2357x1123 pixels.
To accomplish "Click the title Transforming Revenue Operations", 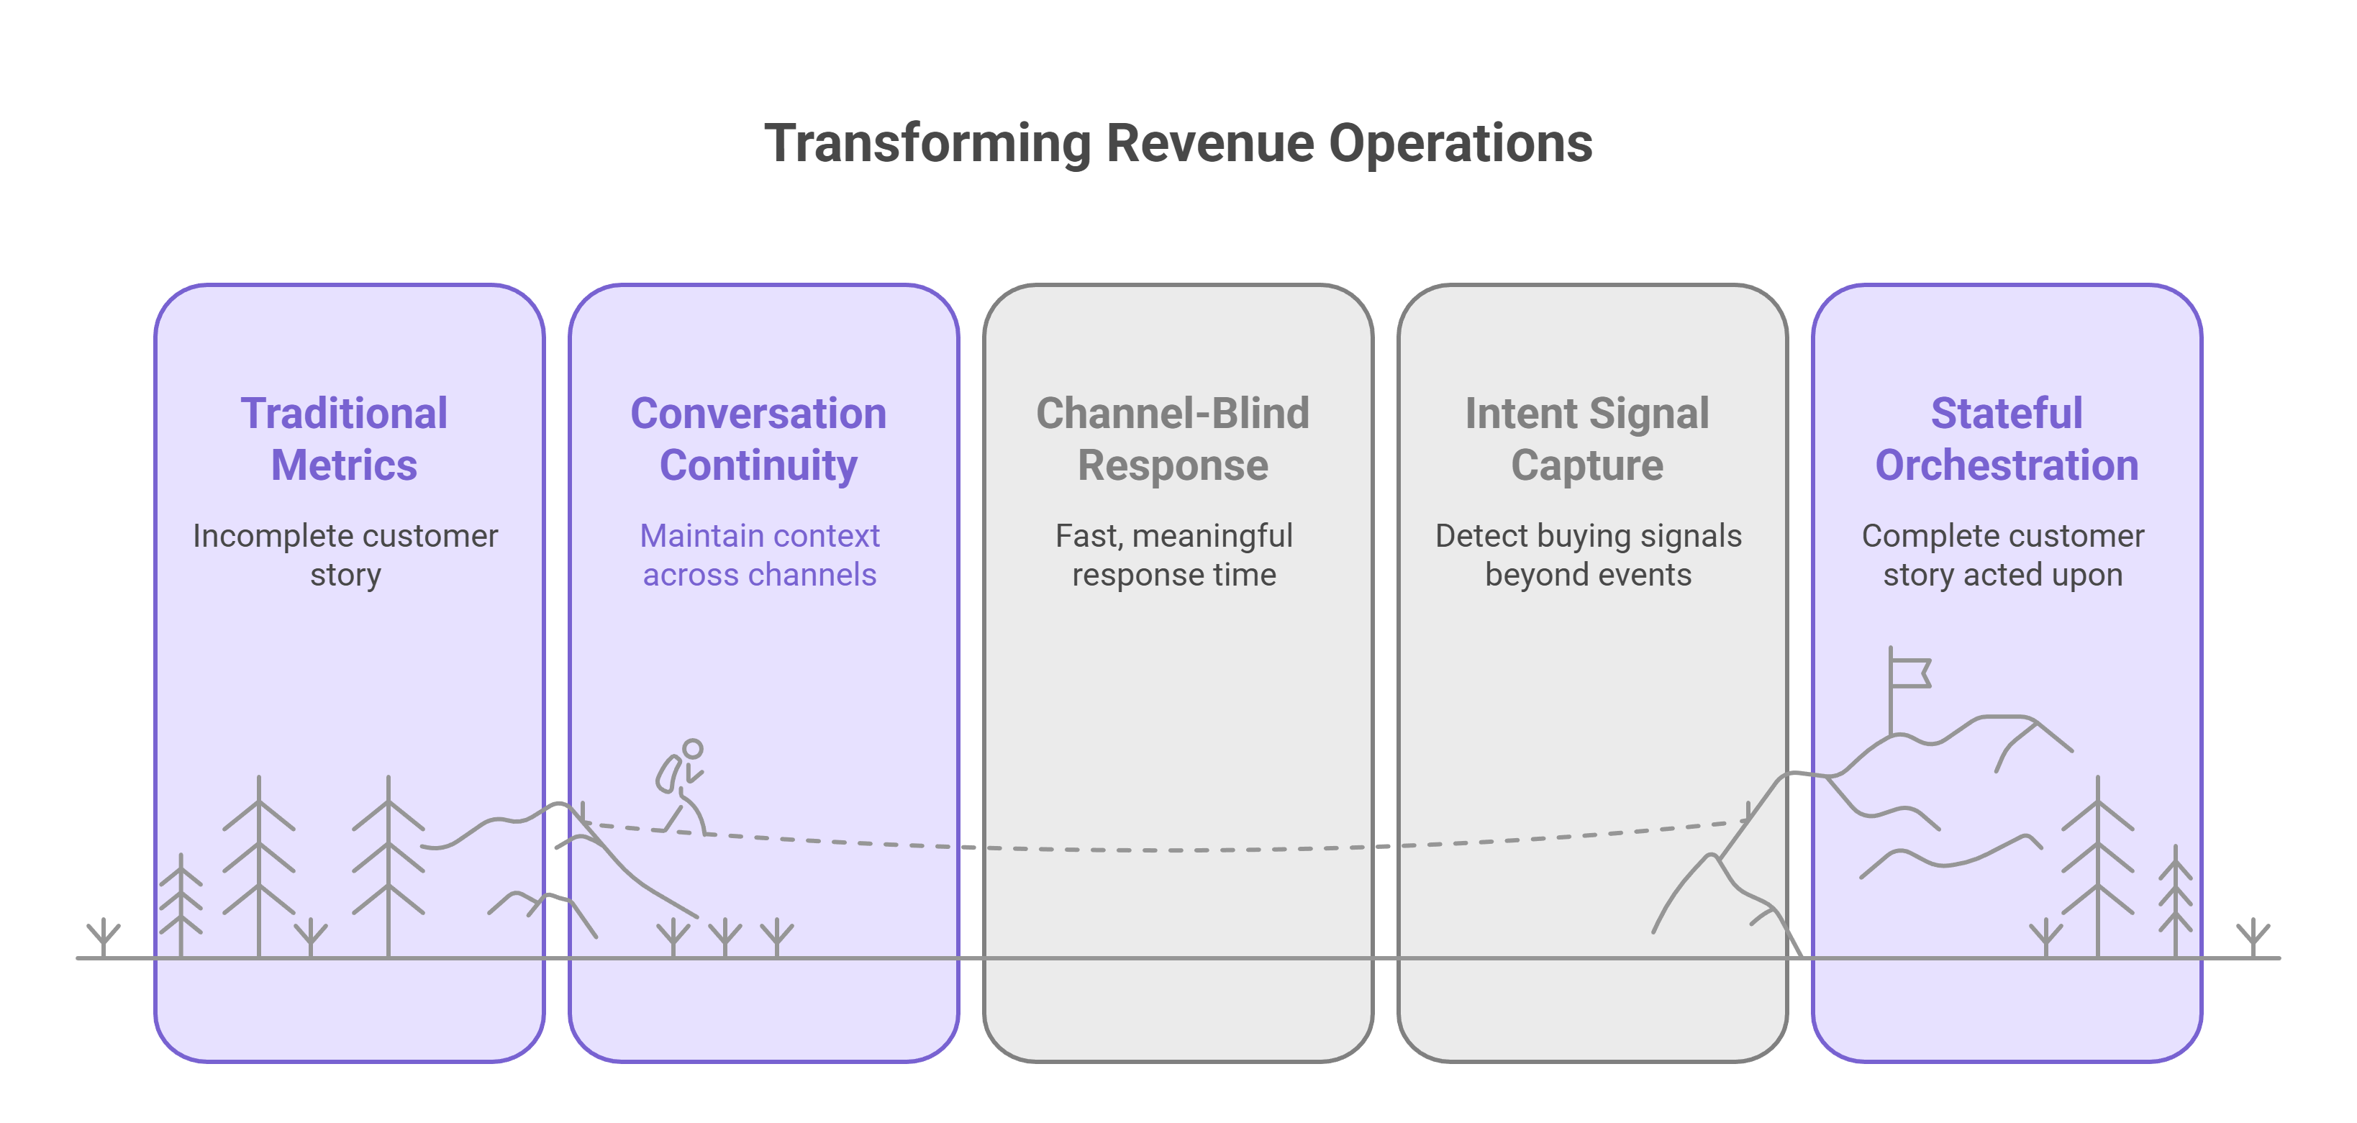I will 1178,144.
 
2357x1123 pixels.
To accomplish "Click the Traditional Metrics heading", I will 344,440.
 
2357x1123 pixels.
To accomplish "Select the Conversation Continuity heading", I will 758,440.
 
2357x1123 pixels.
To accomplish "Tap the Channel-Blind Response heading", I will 1173,440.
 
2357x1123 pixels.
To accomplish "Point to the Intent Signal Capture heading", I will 1587,440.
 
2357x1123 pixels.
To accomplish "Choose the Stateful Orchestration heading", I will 2007,440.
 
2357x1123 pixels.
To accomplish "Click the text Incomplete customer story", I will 345,555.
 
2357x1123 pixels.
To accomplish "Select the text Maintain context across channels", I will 760,555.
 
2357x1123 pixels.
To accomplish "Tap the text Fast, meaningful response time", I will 1174,555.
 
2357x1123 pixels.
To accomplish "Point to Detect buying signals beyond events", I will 1589,555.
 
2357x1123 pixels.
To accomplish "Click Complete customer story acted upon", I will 2003,555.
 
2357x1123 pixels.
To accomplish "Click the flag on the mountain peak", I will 1909,673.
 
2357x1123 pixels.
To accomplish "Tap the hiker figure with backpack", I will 681,787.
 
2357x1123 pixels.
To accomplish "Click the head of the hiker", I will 694,749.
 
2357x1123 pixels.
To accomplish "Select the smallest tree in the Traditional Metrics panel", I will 181,906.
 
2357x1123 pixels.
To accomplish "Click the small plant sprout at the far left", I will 104,937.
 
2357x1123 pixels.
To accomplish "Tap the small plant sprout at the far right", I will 2253,937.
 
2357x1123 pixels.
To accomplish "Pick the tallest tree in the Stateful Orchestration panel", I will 2097,865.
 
